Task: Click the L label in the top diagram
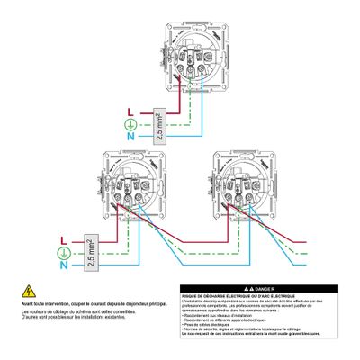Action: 132,112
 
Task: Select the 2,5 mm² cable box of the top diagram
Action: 159,123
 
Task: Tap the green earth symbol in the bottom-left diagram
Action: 62,253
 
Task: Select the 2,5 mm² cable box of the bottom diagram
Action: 90,252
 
